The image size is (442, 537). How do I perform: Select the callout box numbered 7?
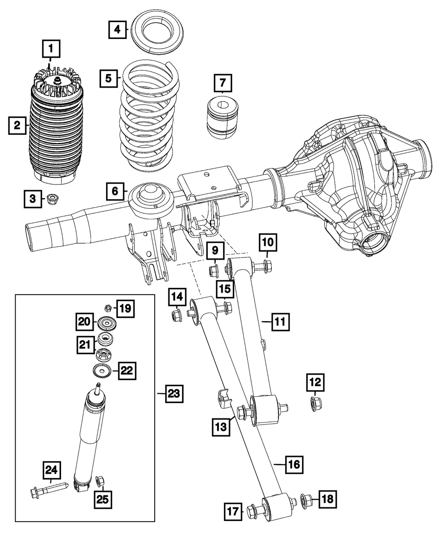[x=222, y=83]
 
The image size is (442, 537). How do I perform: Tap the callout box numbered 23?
[x=174, y=393]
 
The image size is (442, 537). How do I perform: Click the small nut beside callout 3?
[x=52, y=199]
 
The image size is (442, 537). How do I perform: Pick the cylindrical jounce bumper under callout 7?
[x=223, y=116]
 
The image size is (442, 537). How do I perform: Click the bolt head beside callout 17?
[x=252, y=511]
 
